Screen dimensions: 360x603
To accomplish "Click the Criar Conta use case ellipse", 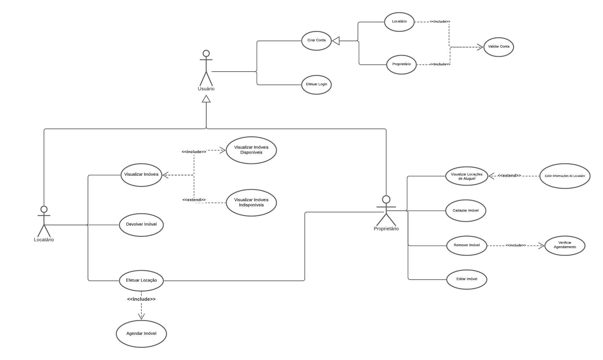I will pyautogui.click(x=316, y=41).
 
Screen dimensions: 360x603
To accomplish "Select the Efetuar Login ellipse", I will pyautogui.click(x=316, y=85).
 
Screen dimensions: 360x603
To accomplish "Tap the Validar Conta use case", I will pyautogui.click(x=498, y=47).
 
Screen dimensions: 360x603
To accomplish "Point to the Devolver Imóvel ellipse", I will pyautogui.click(x=141, y=225).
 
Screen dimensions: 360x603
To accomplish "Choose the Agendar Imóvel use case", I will pyautogui.click(x=141, y=334).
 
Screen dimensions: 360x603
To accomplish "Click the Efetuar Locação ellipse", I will pyautogui.click(x=141, y=280).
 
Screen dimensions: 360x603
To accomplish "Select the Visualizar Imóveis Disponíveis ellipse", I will pyautogui.click(x=251, y=150).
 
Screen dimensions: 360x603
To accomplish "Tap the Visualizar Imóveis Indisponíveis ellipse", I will pyautogui.click(x=251, y=203).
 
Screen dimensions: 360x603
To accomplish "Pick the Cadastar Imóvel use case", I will pyautogui.click(x=465, y=210).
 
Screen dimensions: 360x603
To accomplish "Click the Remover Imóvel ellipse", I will pyautogui.click(x=467, y=245).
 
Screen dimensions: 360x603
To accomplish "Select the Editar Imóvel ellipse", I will pyautogui.click(x=467, y=279).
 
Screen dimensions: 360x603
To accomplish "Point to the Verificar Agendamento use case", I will pyautogui.click(x=565, y=245).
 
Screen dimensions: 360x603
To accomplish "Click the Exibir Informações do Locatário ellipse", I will pyautogui.click(x=565, y=176).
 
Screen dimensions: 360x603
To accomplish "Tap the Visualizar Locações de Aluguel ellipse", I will pyautogui.click(x=467, y=176).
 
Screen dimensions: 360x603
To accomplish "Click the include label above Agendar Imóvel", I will pyautogui.click(x=141, y=299).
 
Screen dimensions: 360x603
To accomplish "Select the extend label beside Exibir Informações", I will pyautogui.click(x=509, y=176).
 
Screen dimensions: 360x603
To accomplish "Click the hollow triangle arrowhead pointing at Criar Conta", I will pyautogui.click(x=336, y=41).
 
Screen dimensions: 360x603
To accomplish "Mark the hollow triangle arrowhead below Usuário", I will pyautogui.click(x=206, y=99).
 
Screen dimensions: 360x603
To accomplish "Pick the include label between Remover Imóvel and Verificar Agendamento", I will pyautogui.click(x=515, y=245).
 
